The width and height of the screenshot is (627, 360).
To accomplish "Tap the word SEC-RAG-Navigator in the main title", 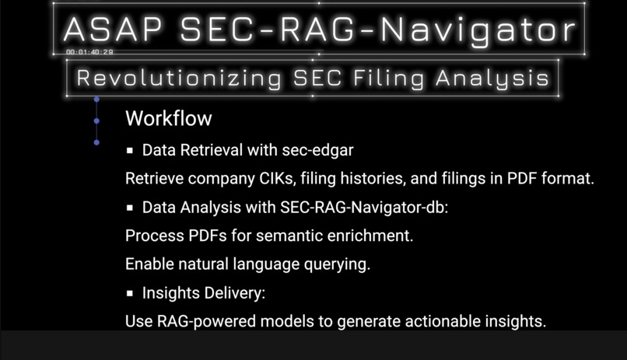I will pyautogui.click(x=377, y=30).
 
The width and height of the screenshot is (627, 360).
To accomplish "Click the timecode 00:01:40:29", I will pyautogui.click(x=89, y=52).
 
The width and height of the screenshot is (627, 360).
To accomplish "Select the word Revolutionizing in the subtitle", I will pyautogui.click(x=180, y=78).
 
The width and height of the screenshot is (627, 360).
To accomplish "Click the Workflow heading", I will pyautogui.click(x=168, y=119).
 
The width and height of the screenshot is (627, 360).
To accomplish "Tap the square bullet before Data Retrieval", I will pyautogui.click(x=131, y=149).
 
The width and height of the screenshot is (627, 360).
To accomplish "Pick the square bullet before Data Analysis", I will pyautogui.click(x=131, y=208).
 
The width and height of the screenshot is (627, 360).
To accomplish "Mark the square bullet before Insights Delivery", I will pyautogui.click(x=131, y=293).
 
